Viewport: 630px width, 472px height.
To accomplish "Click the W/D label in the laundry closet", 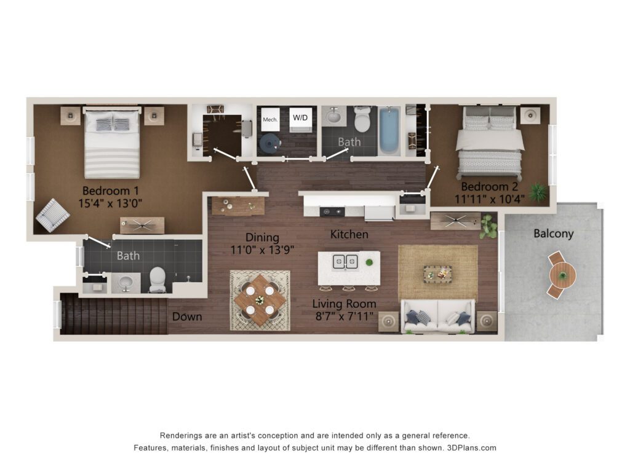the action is pos(300,117).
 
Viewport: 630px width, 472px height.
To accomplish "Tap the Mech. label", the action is pos(270,120).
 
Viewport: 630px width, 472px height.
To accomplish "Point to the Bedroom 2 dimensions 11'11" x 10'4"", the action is pos(489,199).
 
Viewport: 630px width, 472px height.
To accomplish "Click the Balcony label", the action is pos(553,234).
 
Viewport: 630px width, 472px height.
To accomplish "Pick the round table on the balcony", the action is pos(562,275).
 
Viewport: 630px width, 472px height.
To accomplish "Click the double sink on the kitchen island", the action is pos(345,262).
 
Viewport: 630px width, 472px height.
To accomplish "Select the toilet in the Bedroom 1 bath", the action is pos(157,280).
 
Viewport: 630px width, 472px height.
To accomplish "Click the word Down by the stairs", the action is pos(187,317).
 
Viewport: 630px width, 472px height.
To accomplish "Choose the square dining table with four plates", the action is pos(260,300).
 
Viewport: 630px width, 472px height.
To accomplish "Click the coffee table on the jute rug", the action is pos(437,275).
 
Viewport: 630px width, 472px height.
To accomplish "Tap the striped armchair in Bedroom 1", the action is pos(53,215).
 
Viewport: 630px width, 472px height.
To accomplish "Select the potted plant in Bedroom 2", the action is pos(538,192).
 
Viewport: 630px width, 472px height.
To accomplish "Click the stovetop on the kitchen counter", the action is pos(332,211).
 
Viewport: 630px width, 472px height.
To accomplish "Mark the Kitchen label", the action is pos(349,234).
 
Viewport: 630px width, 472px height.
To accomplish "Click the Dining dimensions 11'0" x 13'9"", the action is pos(262,250).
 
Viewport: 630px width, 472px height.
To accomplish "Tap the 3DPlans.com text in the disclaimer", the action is pos(472,448).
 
